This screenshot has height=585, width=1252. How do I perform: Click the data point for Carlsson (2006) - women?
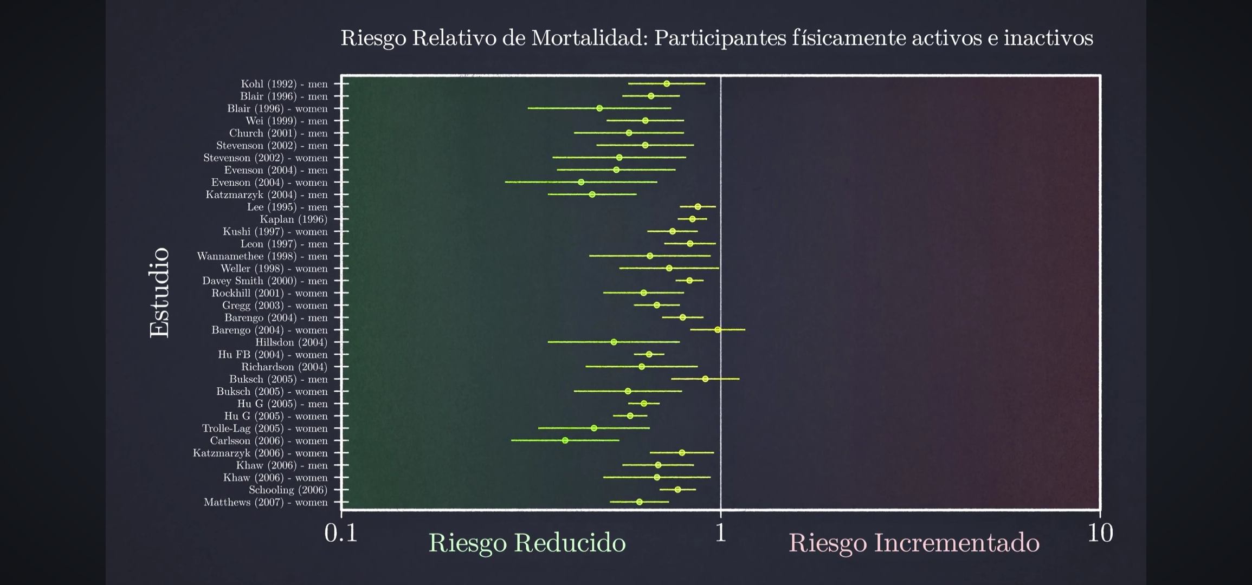565,440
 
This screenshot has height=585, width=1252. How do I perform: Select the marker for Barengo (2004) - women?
718,329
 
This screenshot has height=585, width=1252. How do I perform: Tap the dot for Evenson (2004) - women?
581,182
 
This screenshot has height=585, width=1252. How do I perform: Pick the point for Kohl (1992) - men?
667,83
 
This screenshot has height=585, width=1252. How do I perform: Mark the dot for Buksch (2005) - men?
705,379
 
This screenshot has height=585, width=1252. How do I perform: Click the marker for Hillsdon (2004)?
614,342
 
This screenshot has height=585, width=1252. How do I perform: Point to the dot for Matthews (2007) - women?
640,502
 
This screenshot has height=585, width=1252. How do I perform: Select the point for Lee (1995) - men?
698,206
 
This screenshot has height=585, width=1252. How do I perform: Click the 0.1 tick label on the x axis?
341,534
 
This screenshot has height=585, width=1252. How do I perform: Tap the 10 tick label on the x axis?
1100,534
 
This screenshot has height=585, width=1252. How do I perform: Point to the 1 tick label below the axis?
720,534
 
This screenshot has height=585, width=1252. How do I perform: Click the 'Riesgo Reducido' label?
527,543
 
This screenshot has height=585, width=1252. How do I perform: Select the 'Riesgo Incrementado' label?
914,543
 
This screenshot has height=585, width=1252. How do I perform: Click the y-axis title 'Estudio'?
160,292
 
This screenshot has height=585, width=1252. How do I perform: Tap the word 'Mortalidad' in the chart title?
589,38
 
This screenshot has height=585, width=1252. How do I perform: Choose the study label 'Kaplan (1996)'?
294,219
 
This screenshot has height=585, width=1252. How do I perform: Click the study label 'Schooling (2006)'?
288,490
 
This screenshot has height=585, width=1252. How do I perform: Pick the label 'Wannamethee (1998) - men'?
262,256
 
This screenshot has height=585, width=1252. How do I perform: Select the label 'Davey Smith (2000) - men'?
265,281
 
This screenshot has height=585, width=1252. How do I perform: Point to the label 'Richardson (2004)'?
284,367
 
